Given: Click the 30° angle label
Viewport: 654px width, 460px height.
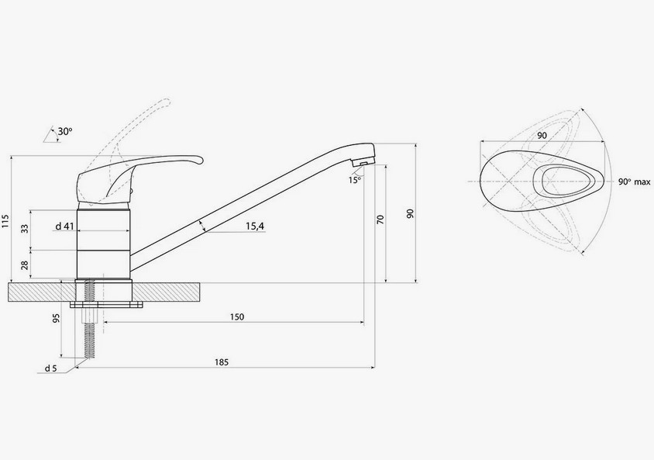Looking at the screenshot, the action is click(65, 131).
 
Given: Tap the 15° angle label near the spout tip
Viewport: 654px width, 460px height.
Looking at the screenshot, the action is click(354, 180).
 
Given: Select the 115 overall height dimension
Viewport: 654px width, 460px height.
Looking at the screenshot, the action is click(5, 221).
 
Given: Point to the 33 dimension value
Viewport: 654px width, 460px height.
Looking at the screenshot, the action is click(26, 228).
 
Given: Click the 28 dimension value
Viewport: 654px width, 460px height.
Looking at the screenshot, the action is click(26, 265).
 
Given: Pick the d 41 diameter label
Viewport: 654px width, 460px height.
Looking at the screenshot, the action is click(64, 227).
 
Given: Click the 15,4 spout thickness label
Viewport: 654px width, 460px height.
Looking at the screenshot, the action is click(255, 227).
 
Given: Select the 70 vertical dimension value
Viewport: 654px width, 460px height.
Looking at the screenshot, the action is click(380, 220).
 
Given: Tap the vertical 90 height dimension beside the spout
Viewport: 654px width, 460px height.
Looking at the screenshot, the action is click(411, 213).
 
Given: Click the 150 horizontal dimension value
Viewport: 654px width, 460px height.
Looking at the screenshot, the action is click(237, 316).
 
